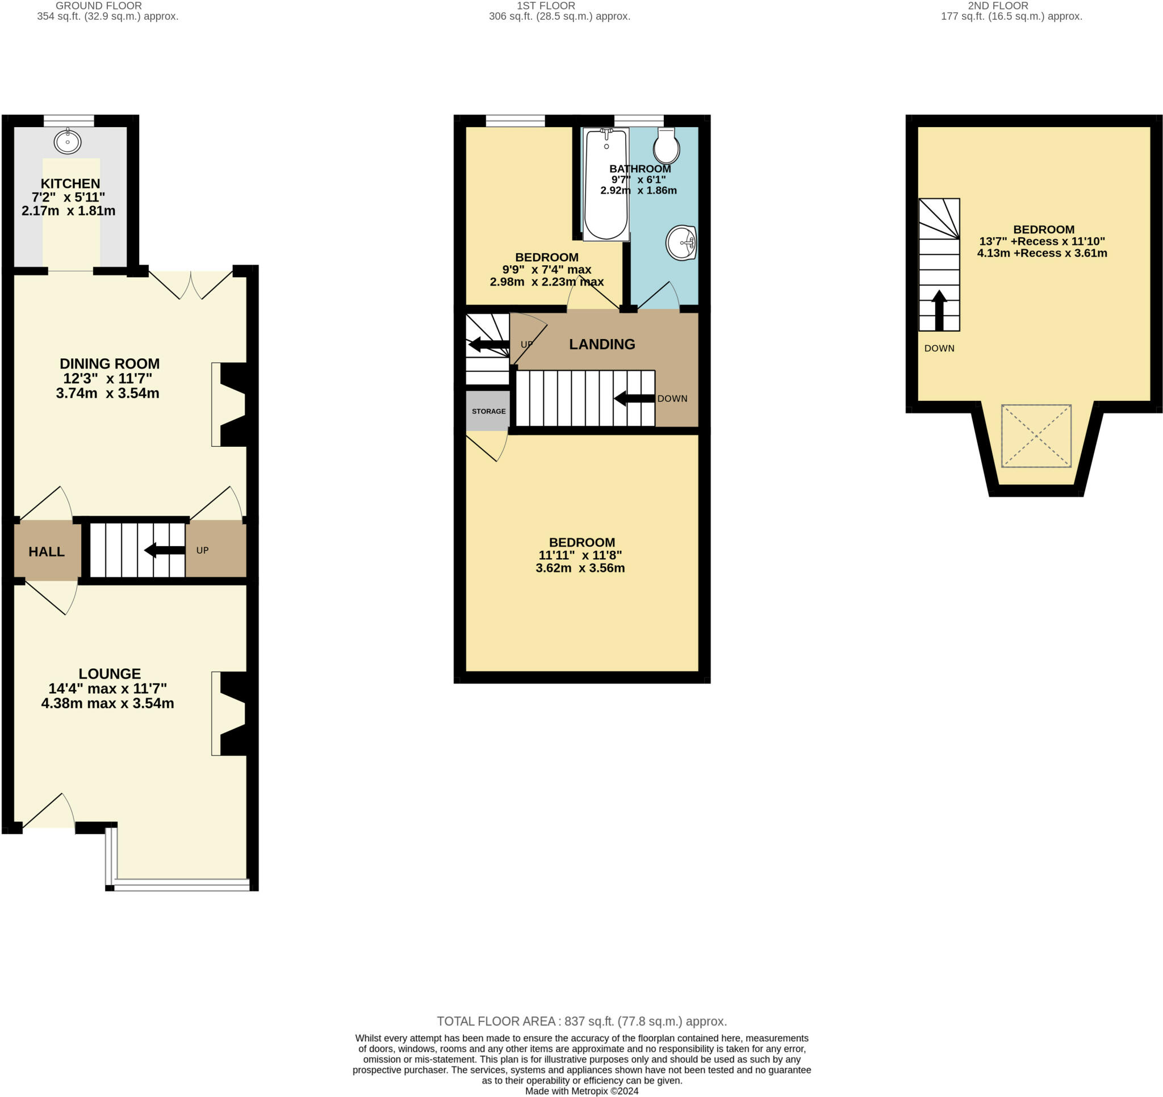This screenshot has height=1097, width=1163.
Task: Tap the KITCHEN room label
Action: [70, 184]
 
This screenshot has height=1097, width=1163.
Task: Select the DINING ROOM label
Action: [110, 364]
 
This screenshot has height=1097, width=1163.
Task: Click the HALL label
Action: [47, 552]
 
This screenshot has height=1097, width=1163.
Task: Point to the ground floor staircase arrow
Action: [164, 550]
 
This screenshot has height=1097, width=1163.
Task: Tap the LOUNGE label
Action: [110, 674]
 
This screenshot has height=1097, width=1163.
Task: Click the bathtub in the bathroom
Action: [606, 185]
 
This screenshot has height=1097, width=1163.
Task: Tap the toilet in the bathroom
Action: [666, 146]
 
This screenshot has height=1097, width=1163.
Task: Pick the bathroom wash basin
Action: [681, 242]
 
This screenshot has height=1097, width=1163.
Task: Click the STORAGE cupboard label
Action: [488, 411]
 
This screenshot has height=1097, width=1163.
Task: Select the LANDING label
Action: [602, 344]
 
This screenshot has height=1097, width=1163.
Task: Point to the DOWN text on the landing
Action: [672, 399]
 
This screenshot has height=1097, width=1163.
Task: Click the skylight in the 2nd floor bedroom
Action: [1036, 436]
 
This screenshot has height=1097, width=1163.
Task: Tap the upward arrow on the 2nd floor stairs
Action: [939, 310]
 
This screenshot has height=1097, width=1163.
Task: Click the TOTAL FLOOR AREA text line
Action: [581, 1021]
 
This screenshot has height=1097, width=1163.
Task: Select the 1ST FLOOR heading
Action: [546, 6]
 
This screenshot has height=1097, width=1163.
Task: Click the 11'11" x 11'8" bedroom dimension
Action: [580, 555]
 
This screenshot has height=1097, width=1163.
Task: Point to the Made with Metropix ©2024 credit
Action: [581, 1091]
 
